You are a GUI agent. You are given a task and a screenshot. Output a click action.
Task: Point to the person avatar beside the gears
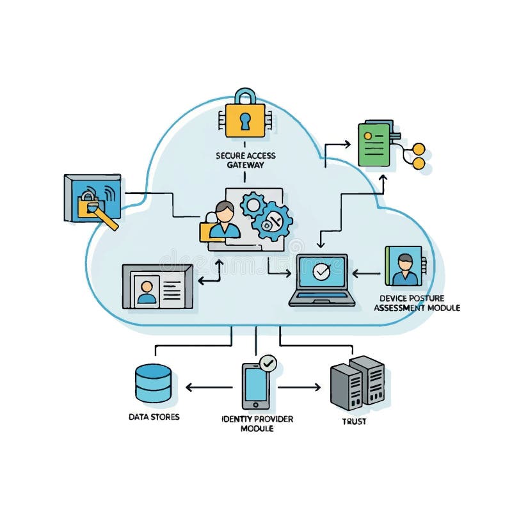[224, 221]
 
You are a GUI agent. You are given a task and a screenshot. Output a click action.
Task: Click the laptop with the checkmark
[321, 280]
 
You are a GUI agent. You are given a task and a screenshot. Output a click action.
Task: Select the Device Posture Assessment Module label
[416, 303]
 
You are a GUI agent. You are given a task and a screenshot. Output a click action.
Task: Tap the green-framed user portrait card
[403, 266]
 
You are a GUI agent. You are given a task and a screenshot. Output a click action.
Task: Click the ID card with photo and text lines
[157, 286]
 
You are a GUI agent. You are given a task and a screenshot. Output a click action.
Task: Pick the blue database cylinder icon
[154, 382]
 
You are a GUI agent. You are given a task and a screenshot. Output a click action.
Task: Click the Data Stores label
[154, 417]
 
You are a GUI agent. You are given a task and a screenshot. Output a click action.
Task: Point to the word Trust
[354, 422]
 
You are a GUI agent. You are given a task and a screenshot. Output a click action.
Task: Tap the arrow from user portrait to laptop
[366, 273]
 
